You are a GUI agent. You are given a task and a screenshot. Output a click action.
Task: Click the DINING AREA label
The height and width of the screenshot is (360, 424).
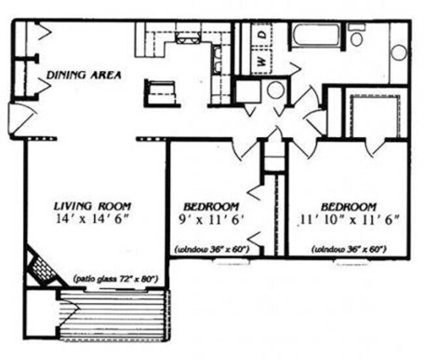[x=83, y=74]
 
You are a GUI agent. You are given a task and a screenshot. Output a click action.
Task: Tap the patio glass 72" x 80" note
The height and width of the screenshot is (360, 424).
[x=117, y=278]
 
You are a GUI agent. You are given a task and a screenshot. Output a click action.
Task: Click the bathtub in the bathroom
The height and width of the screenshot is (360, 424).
[x=317, y=35]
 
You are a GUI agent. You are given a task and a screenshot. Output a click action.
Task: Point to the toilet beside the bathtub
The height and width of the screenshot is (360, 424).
[x=356, y=37]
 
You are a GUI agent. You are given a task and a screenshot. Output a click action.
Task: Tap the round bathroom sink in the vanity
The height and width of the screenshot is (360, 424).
[x=399, y=52]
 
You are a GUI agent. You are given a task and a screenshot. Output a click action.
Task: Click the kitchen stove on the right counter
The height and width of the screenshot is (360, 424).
[x=219, y=62]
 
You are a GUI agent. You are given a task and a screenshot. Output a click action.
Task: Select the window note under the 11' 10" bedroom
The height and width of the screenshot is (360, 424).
[x=350, y=248]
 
